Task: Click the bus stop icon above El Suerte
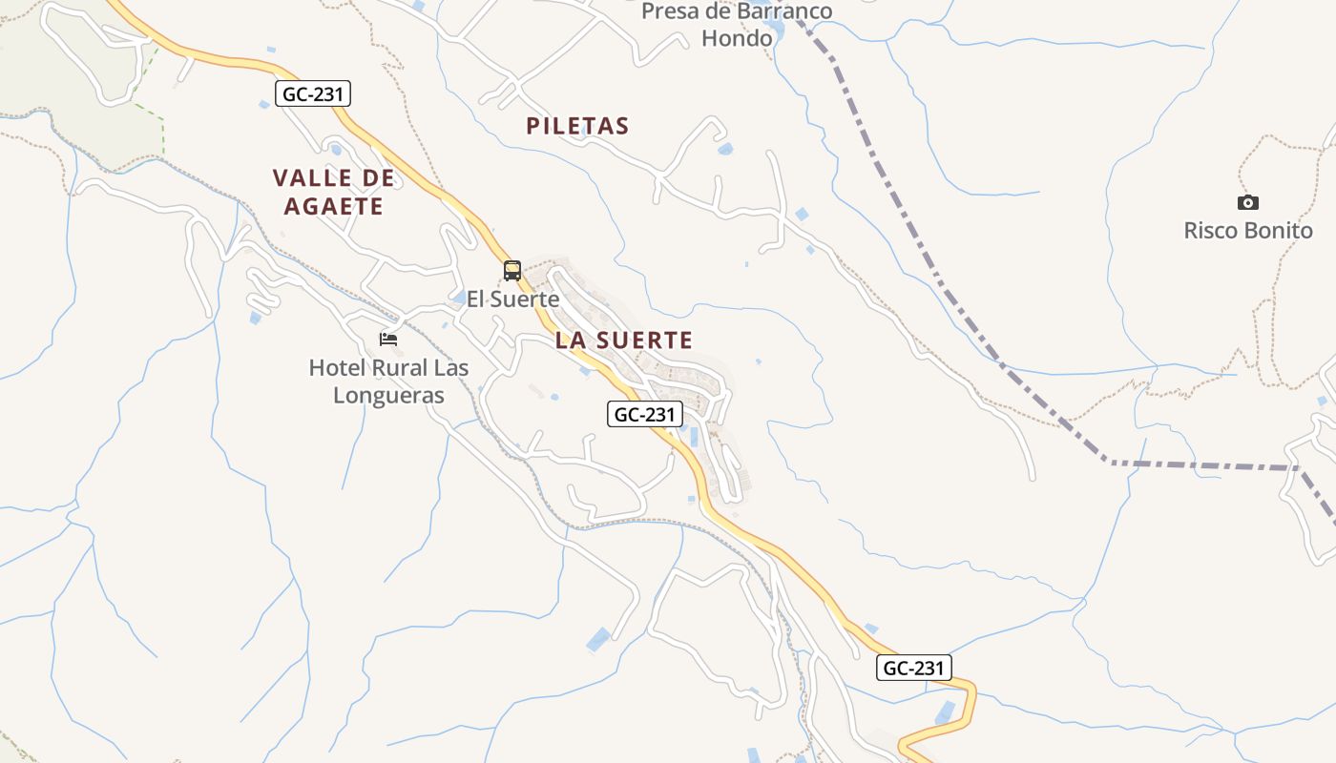point(512,271)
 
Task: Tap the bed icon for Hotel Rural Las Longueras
point(388,339)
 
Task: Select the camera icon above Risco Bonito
point(1247,202)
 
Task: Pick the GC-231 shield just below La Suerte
point(646,414)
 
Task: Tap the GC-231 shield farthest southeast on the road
point(914,668)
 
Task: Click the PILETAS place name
point(577,126)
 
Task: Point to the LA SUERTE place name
point(623,340)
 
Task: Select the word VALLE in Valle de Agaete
point(312,178)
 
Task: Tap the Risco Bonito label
point(1248,231)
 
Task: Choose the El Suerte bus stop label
point(512,299)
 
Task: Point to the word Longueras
point(388,395)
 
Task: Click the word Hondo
point(737,38)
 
